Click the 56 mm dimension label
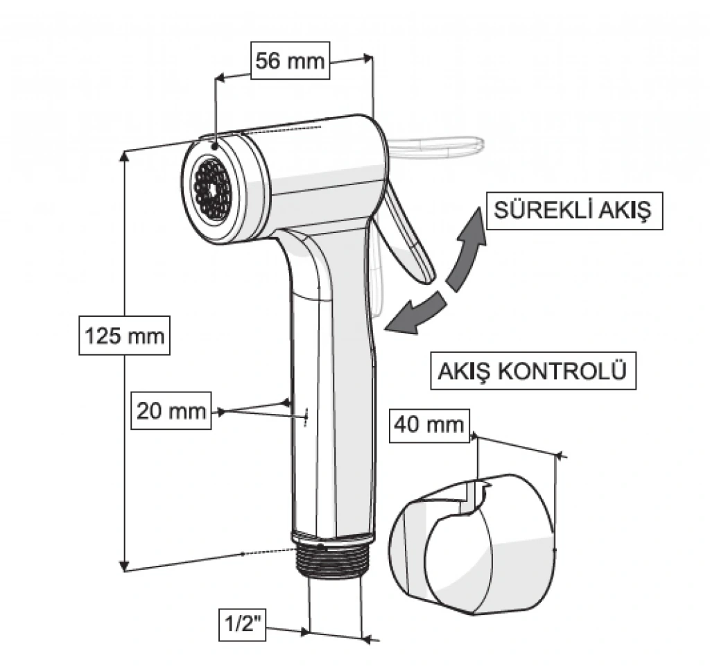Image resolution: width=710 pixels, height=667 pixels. tap(290, 61)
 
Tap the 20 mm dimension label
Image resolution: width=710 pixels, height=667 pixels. tap(171, 411)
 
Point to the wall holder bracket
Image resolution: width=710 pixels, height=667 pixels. tap(471, 544)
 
